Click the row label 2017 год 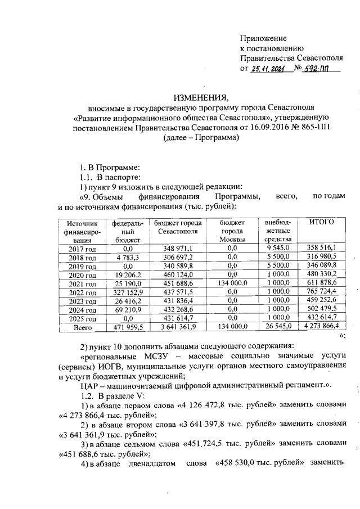pos(83,248)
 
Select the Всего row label pos(83,327)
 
